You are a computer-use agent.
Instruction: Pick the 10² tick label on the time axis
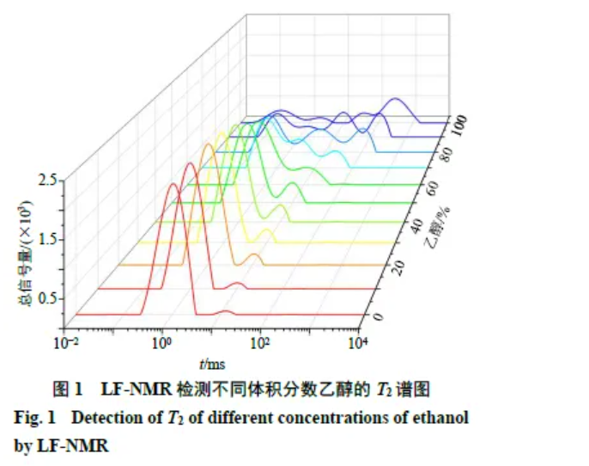pos(258,342)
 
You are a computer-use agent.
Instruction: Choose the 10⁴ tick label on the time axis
pos(357,342)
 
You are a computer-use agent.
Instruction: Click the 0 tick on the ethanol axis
pos(379,317)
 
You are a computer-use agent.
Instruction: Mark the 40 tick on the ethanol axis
pos(413,224)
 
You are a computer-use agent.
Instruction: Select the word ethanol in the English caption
pos(443,419)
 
